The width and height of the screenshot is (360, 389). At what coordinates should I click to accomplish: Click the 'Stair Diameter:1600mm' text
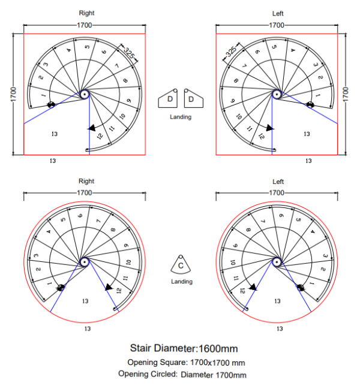click(x=184, y=348)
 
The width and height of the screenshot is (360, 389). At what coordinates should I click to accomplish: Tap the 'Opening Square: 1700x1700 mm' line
click(x=186, y=363)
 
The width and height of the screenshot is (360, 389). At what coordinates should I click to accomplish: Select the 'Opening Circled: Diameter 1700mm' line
click(x=182, y=374)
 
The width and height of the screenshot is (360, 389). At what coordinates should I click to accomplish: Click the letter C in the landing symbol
click(x=181, y=266)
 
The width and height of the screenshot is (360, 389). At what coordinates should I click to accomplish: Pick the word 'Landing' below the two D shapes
click(x=181, y=117)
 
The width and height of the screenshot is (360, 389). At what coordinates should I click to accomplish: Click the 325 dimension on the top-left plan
click(x=129, y=53)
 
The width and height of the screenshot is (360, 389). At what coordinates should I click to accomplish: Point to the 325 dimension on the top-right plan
click(x=231, y=52)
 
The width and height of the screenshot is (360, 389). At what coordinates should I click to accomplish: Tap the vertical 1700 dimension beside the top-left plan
click(x=13, y=94)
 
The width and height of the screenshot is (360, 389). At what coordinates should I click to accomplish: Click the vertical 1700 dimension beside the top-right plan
click(x=346, y=94)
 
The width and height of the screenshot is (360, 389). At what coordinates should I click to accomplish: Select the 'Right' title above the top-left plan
click(x=86, y=13)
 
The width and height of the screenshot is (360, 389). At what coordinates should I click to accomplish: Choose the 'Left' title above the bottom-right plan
click(x=278, y=182)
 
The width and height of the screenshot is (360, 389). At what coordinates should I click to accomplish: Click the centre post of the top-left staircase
click(x=85, y=94)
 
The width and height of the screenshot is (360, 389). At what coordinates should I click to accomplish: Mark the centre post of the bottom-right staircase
click(x=277, y=262)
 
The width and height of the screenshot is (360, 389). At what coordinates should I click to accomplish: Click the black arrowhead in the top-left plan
click(x=92, y=128)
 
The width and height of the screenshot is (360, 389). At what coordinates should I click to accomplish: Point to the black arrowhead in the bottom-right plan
click(x=253, y=287)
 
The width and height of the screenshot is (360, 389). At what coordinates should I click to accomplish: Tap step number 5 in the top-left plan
click(x=87, y=47)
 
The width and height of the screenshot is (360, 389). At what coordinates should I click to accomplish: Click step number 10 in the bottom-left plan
click(x=128, y=262)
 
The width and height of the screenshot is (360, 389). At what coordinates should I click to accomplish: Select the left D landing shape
click(x=168, y=99)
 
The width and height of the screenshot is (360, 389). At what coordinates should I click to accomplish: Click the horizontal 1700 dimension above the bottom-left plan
click(x=85, y=193)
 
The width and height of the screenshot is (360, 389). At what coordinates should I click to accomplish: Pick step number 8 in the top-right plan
click(x=236, y=80)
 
